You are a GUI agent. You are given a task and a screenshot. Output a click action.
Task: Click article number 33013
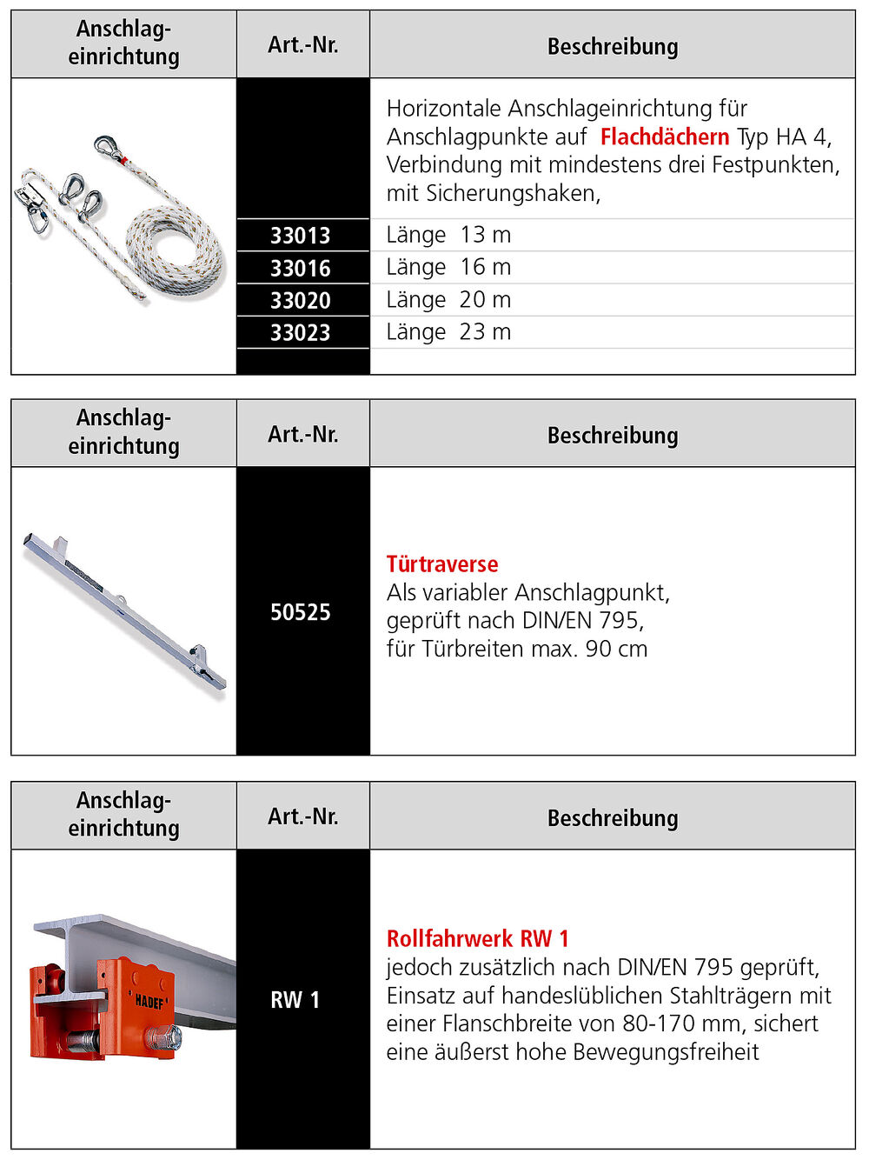point(301,236)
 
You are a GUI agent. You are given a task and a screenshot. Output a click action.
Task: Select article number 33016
point(301,268)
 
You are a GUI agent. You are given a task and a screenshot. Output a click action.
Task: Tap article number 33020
point(301,301)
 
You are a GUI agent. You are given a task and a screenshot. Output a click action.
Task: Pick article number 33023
point(301,333)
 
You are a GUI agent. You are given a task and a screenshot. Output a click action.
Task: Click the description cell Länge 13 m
point(448,235)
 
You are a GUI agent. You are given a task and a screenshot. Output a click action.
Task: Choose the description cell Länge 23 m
point(448,332)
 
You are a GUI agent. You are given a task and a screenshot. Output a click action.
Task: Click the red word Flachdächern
point(665,137)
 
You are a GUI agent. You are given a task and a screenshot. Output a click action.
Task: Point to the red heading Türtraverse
point(442,564)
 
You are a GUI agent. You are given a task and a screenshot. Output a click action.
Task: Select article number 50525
point(301,612)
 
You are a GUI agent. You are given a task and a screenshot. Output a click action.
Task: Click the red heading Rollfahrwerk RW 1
point(478,939)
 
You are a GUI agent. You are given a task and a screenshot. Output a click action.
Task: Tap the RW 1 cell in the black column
point(295,1000)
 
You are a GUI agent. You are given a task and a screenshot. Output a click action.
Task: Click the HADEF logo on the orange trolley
point(150,1001)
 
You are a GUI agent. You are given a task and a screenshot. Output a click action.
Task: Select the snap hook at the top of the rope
point(109,148)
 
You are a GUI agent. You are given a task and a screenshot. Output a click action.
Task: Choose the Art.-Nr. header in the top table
point(302,45)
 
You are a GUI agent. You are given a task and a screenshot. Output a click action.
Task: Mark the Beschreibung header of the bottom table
point(613,818)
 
